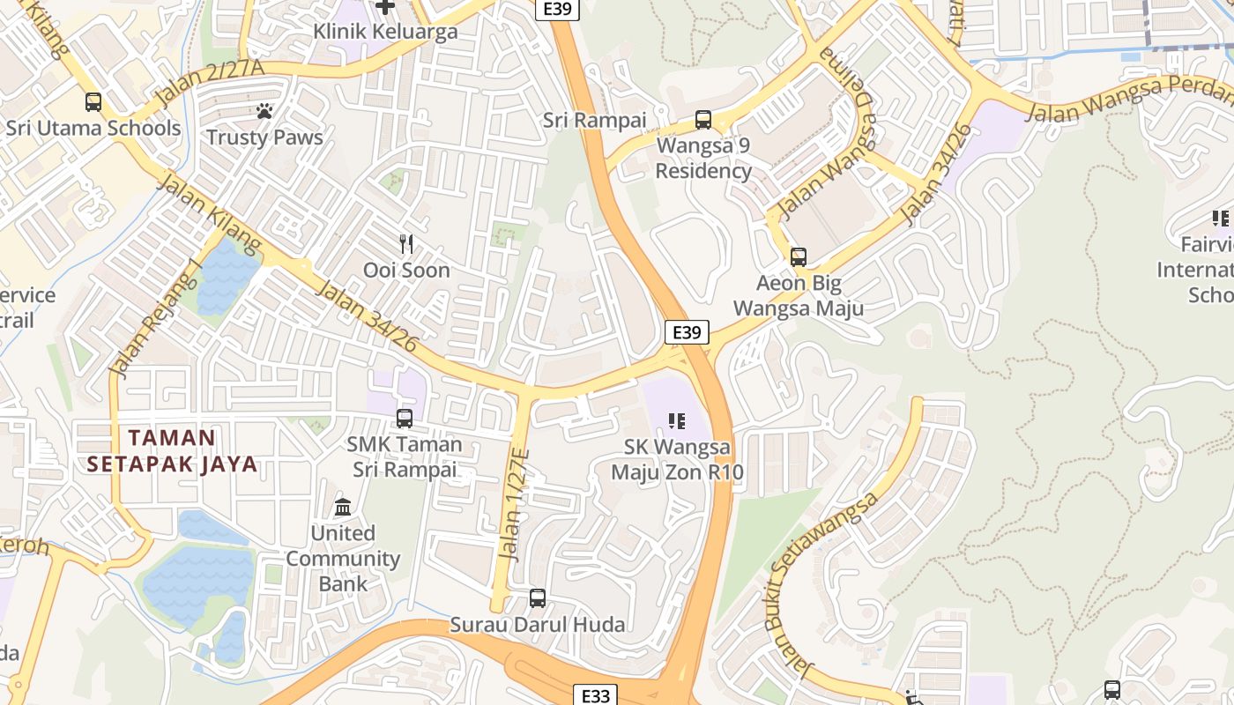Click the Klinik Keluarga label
click(385, 32)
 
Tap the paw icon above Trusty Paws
click(264, 111)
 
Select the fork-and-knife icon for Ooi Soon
click(406, 244)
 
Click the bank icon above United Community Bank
click(343, 508)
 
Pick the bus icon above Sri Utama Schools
click(93, 101)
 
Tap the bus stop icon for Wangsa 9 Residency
click(702, 119)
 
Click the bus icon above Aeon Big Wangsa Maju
click(798, 257)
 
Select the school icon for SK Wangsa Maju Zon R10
click(676, 421)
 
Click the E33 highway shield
click(596, 695)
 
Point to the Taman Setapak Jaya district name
click(172, 450)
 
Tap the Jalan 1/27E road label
click(514, 504)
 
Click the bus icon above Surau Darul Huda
click(537, 598)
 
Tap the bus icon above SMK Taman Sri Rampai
click(405, 419)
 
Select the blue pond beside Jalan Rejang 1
click(227, 276)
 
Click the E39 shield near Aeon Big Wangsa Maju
click(686, 332)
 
